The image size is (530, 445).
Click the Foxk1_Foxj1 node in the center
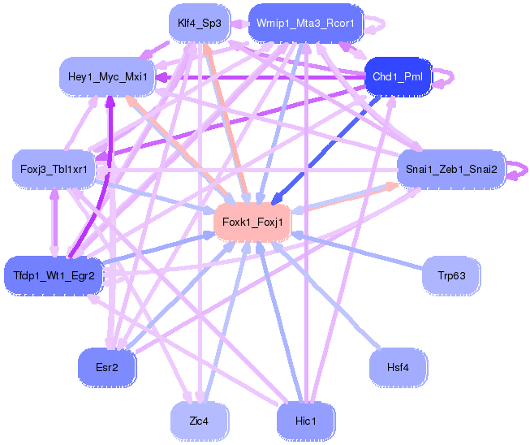[252, 222]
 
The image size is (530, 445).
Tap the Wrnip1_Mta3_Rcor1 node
[305, 23]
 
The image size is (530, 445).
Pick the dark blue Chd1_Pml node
[398, 76]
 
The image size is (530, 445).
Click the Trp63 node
[450, 276]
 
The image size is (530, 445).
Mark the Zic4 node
[199, 421]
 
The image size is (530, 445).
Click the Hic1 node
[305, 421]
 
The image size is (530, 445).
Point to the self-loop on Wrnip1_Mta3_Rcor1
[377, 24]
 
